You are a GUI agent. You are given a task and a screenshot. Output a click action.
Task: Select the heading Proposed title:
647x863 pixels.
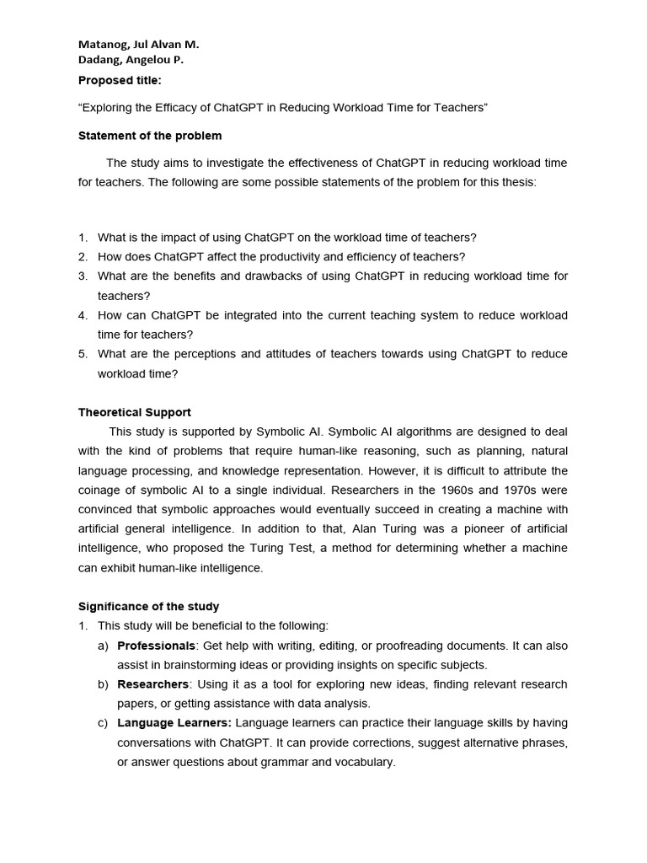(120, 80)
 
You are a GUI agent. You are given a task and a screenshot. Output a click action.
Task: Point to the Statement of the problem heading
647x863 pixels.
(150, 136)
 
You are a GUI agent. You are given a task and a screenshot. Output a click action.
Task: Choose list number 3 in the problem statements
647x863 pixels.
(83, 276)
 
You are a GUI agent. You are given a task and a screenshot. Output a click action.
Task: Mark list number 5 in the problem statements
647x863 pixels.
(83, 354)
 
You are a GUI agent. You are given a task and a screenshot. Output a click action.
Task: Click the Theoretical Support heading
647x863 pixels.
(135, 412)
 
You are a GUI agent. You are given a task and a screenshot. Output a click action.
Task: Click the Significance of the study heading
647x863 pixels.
(148, 606)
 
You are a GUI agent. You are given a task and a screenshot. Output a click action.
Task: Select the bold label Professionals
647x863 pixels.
(156, 646)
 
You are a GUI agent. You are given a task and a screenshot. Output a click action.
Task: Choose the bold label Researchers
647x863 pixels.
(152, 684)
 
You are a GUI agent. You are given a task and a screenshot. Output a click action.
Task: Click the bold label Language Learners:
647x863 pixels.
(174, 723)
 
